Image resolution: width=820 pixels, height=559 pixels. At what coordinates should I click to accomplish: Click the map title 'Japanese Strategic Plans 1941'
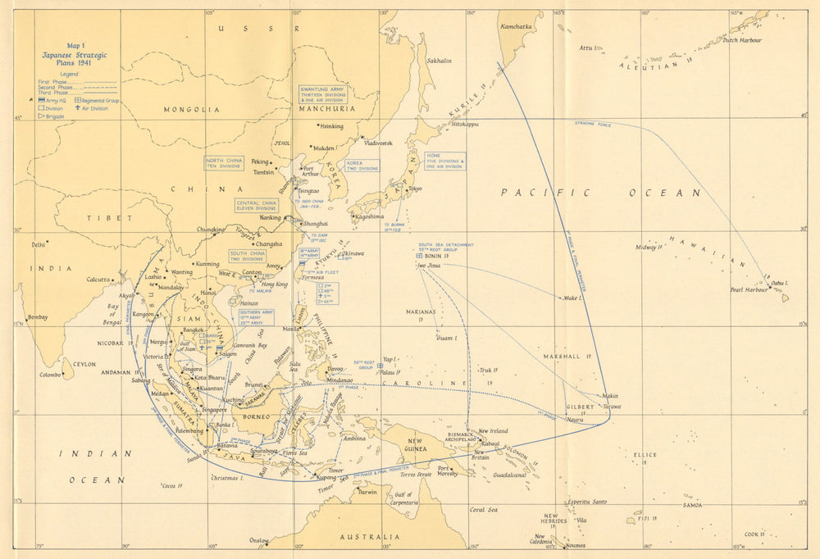click(75, 55)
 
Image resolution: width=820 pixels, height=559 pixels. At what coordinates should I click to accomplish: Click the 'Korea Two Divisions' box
click(362, 166)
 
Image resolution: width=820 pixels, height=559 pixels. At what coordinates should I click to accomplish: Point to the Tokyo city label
click(415, 189)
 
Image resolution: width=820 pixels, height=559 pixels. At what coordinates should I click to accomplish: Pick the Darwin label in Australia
click(367, 493)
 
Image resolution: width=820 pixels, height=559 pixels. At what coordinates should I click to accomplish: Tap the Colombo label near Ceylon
click(51, 375)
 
